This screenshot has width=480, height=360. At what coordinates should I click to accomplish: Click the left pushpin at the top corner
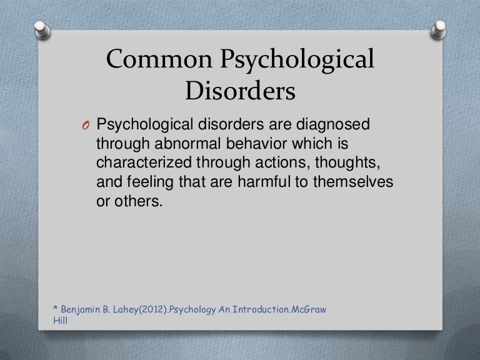pos(42,30)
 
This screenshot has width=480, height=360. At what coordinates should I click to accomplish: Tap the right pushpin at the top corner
pos(438,30)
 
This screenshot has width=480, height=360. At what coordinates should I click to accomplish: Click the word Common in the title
pos(159,59)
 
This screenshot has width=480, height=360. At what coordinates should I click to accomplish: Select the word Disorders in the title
pos(240,91)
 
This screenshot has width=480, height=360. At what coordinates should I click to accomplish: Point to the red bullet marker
pos(86,125)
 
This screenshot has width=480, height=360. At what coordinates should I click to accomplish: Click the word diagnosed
pos(332,125)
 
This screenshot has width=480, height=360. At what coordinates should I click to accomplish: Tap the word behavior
pos(257,143)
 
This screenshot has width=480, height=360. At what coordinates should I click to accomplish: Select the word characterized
pos(144,162)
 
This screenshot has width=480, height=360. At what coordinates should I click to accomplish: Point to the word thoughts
pos(347,162)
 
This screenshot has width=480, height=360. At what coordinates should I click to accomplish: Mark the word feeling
pos(150,182)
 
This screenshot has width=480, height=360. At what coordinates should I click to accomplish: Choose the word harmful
pos(264,181)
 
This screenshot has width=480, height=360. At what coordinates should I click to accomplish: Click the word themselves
pos(353,181)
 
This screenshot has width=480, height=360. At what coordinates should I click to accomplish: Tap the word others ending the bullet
pos(138,201)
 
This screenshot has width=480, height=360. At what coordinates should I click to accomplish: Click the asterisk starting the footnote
pos(56,307)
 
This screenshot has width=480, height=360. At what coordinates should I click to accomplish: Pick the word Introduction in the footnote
pos(261,309)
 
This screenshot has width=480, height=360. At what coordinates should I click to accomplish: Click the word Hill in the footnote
pos(60,321)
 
